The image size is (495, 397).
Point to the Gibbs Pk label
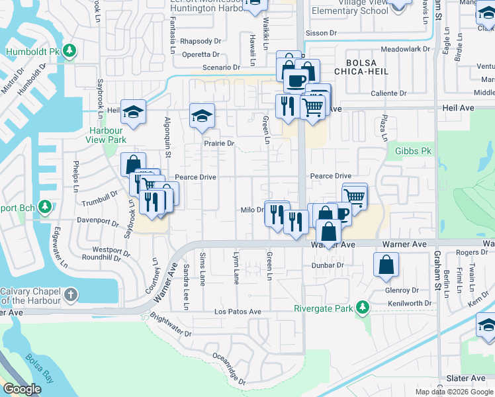click(413, 152)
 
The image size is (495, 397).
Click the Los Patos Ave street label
click(238, 312)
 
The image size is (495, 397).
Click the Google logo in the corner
click(22, 389)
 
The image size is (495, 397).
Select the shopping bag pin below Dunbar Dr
click(386, 265)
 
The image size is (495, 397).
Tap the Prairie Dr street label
click(219, 143)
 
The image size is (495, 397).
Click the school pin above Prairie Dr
click(202, 116)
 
